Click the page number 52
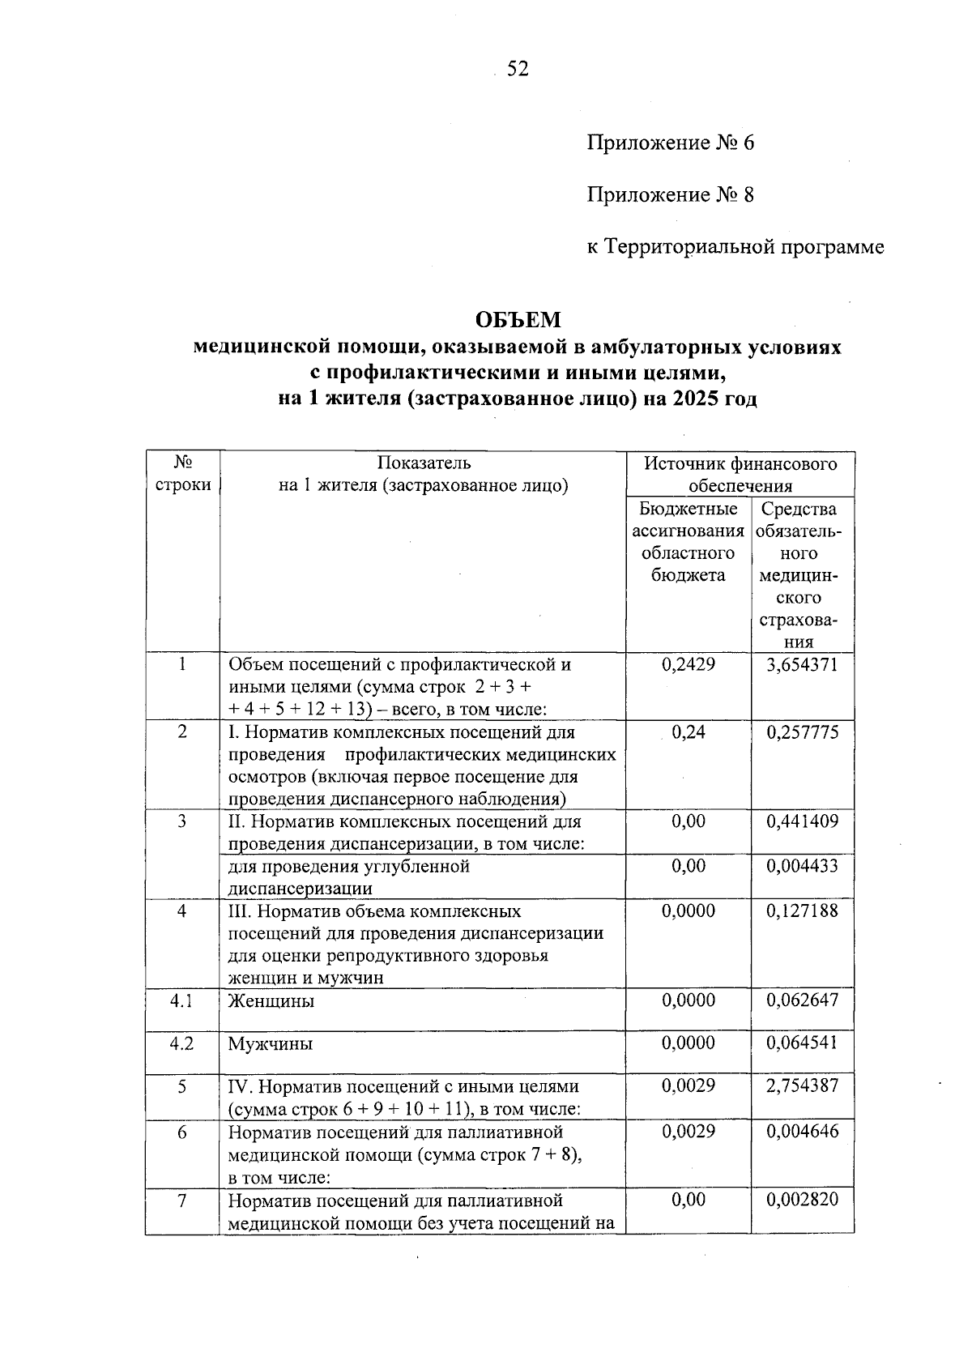coord(518,70)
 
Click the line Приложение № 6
coord(670,143)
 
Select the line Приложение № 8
coord(670,195)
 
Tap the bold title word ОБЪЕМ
coord(518,321)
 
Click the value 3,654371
coord(802,665)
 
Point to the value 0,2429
coord(688,665)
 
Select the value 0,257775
coord(802,733)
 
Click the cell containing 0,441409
coord(802,822)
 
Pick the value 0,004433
coord(802,867)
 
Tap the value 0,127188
coord(802,911)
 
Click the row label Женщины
coord(271,1001)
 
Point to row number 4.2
coord(181,1044)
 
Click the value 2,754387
coord(802,1087)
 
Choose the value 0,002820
coord(802,1201)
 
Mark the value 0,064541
coord(802,1044)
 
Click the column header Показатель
coord(423,463)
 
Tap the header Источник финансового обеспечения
coord(740,475)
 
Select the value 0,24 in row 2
coord(688,733)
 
